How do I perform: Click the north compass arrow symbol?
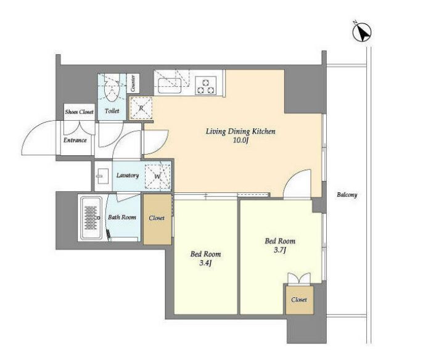[x=362, y=31]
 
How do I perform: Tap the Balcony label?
[x=347, y=194]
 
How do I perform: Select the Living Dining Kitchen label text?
[x=240, y=131]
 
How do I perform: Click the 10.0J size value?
[x=240, y=140]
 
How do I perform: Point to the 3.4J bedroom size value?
[x=205, y=263]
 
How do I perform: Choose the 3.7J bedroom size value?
[x=280, y=250]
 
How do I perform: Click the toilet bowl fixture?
[x=111, y=88]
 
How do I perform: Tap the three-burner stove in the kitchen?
[x=206, y=85]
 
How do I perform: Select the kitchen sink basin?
[x=170, y=86]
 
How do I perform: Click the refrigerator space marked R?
[x=141, y=108]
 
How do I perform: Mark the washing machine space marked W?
[x=158, y=177]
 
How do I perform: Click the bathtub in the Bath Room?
[x=92, y=218]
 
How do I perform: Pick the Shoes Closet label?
[x=80, y=112]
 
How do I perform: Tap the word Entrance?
[x=75, y=140]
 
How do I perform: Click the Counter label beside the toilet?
[x=133, y=83]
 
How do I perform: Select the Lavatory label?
[x=128, y=175]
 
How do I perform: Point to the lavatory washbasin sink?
[x=102, y=176]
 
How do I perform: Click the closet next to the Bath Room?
[x=157, y=219]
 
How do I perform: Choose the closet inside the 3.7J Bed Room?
[x=300, y=300]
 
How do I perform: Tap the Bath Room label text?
[x=122, y=217]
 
